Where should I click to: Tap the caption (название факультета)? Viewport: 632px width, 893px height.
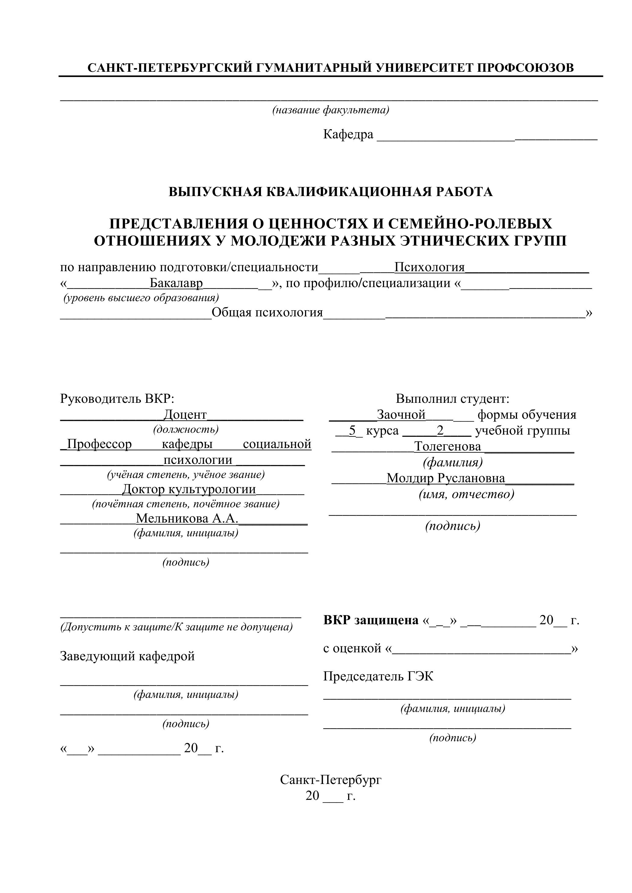pos(330,110)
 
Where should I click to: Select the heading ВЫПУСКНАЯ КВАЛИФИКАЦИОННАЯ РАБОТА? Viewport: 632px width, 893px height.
pos(330,192)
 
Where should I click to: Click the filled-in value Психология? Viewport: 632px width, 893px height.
pos(429,267)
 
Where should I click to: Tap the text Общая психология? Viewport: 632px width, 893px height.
pos(267,312)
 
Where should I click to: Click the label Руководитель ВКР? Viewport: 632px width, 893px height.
pos(117,399)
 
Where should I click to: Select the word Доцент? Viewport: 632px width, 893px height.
pos(185,415)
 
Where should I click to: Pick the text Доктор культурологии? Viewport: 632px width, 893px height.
pos(189,489)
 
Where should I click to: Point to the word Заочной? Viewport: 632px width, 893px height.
pos(401,415)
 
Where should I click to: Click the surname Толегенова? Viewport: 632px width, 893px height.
pos(447,446)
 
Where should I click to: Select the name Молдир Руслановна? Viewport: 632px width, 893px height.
pos(446,478)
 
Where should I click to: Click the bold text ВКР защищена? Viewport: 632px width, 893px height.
pos(370,620)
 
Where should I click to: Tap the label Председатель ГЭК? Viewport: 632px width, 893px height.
pos(378,676)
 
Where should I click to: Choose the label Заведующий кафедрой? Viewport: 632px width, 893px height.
pos(127,656)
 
